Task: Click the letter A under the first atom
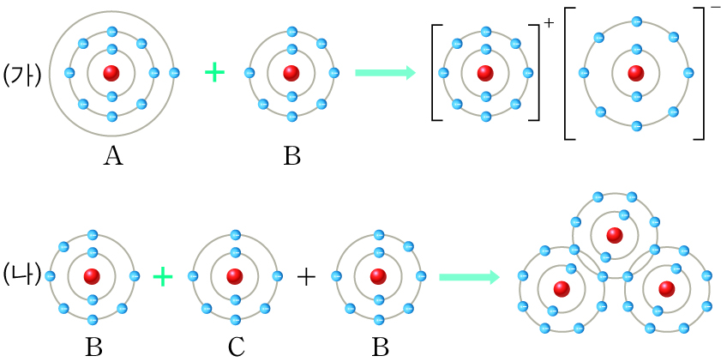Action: (x=111, y=155)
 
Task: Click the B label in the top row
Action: (x=292, y=155)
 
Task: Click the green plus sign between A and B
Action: (x=214, y=73)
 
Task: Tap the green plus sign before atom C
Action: (x=163, y=276)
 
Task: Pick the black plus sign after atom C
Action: (x=306, y=276)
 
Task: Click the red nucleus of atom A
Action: (x=111, y=73)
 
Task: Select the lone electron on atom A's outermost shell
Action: (x=174, y=73)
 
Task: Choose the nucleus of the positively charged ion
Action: (x=486, y=74)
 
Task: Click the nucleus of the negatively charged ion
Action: (x=636, y=74)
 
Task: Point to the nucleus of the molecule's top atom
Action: (x=614, y=234)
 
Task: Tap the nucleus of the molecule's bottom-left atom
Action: (x=562, y=288)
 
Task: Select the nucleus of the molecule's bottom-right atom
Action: (x=666, y=288)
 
